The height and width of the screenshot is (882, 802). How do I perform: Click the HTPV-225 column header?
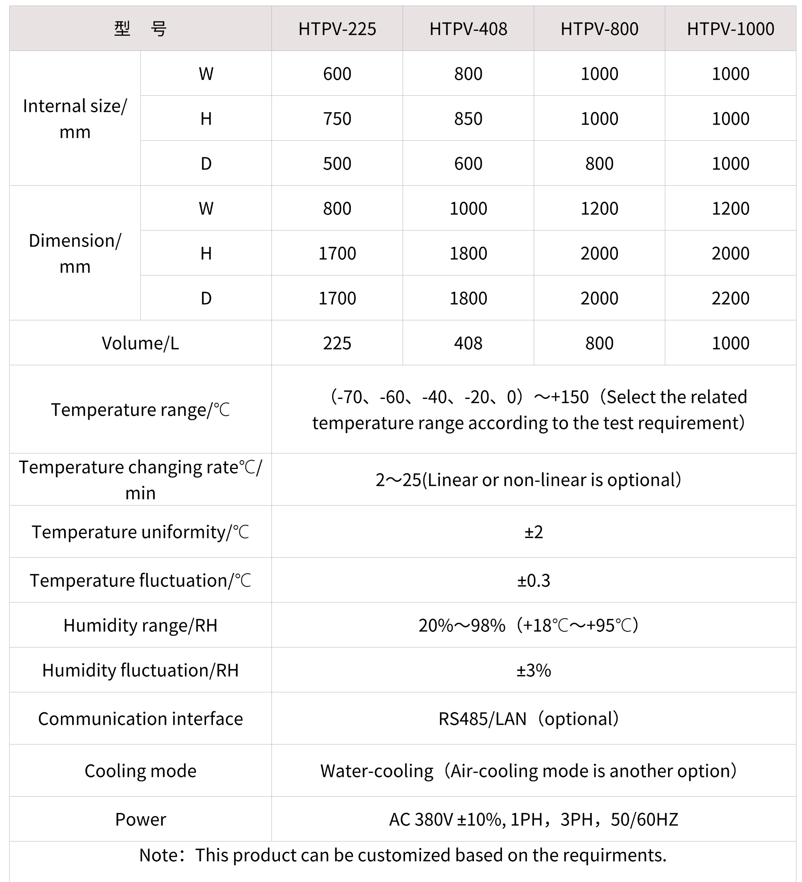pyautogui.click(x=337, y=29)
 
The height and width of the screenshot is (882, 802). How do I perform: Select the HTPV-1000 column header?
pyautogui.click(x=730, y=29)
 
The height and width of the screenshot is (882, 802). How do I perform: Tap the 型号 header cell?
pyautogui.click(x=140, y=29)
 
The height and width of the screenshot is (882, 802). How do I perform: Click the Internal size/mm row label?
pyautogui.click(x=75, y=119)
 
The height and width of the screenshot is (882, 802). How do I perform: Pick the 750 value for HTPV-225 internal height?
pyautogui.click(x=337, y=119)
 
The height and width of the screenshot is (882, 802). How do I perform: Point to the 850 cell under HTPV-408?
pyautogui.click(x=468, y=119)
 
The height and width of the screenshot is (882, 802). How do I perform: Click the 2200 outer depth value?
pyautogui.click(x=730, y=298)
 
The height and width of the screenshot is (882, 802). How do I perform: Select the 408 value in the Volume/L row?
pyautogui.click(x=468, y=343)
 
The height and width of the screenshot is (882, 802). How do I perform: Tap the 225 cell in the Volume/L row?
pyautogui.click(x=337, y=343)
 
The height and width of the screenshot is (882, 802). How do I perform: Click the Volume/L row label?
pyautogui.click(x=140, y=343)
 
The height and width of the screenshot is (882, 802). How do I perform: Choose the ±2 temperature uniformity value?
pyautogui.click(x=533, y=532)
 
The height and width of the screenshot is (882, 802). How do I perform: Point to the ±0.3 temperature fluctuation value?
pyautogui.click(x=533, y=581)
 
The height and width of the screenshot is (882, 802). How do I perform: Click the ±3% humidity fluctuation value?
pyautogui.click(x=533, y=670)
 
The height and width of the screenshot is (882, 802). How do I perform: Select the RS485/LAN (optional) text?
pyautogui.click(x=529, y=719)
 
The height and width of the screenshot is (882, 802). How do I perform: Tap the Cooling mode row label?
pyautogui.click(x=140, y=771)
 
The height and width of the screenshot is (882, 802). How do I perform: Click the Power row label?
pyautogui.click(x=140, y=819)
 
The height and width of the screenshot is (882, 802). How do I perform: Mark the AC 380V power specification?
pyautogui.click(x=533, y=819)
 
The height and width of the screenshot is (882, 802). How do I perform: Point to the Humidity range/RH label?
pyautogui.click(x=140, y=625)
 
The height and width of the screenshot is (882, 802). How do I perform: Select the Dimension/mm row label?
pyautogui.click(x=75, y=253)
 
